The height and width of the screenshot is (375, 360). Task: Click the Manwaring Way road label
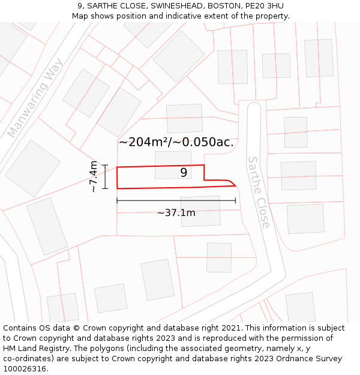point(35,98)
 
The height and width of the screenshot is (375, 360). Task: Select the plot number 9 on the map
point(184,173)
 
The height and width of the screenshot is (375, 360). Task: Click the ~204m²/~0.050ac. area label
point(176,142)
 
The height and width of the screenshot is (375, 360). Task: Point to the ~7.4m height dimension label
point(93,176)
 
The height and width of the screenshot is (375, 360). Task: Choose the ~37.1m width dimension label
point(176,212)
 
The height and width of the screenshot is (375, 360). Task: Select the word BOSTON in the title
point(221,5)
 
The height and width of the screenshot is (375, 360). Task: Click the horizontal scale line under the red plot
point(176,200)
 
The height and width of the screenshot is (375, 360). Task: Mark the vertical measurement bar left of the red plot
point(105,176)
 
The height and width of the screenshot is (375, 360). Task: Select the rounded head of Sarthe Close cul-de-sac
point(254,107)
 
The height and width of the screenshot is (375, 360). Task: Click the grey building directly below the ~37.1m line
point(200,211)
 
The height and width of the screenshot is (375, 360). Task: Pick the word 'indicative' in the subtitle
point(188,16)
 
